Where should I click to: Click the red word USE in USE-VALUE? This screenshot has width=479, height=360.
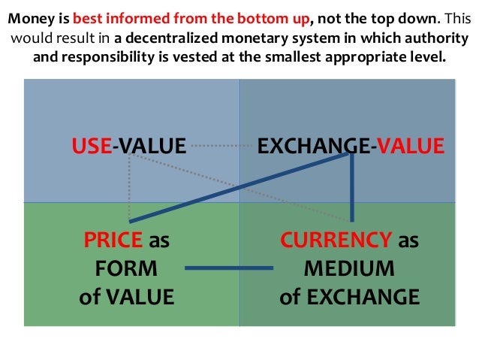tap(91, 145)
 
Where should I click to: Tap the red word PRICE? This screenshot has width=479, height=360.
tap(113, 241)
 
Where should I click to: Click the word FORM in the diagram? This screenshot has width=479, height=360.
tap(126, 268)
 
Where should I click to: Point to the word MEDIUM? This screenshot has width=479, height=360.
tap(348, 268)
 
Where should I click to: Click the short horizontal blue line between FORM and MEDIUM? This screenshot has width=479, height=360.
tap(229, 269)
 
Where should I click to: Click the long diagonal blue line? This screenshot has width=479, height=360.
tap(240, 187)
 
